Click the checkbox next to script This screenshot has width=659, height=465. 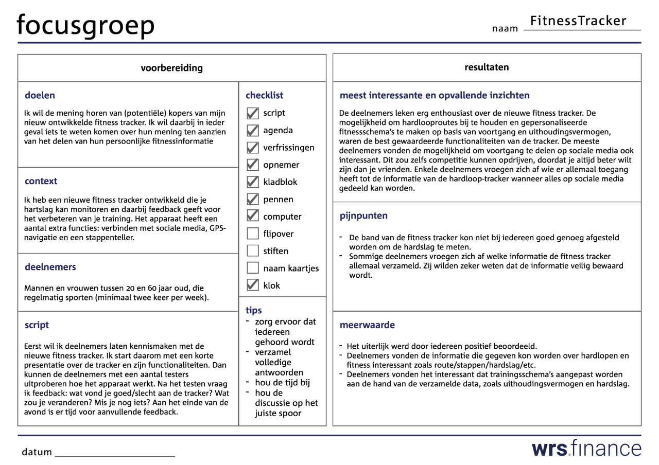[x=253, y=113]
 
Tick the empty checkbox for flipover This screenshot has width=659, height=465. [x=253, y=234]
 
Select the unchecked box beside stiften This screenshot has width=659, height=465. [x=253, y=251]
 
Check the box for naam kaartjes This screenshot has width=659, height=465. [x=253, y=269]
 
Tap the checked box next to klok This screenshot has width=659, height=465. [x=253, y=285]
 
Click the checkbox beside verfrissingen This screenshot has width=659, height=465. [x=253, y=148]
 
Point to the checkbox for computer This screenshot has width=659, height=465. [x=253, y=217]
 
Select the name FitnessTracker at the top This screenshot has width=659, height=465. [x=578, y=21]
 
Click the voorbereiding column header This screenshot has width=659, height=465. [x=171, y=68]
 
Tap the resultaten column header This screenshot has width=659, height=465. [x=487, y=67]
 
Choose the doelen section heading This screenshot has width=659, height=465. [x=40, y=95]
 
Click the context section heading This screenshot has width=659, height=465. [x=41, y=181]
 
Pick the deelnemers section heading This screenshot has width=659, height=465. [x=50, y=267]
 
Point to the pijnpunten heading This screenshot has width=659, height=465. [x=363, y=216]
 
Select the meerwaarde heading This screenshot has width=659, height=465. [x=367, y=325]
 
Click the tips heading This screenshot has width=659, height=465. [x=254, y=310]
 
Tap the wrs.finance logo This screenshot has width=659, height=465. [x=586, y=448]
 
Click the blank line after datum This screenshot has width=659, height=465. [x=114, y=453]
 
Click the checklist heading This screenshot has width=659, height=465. [x=264, y=95]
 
